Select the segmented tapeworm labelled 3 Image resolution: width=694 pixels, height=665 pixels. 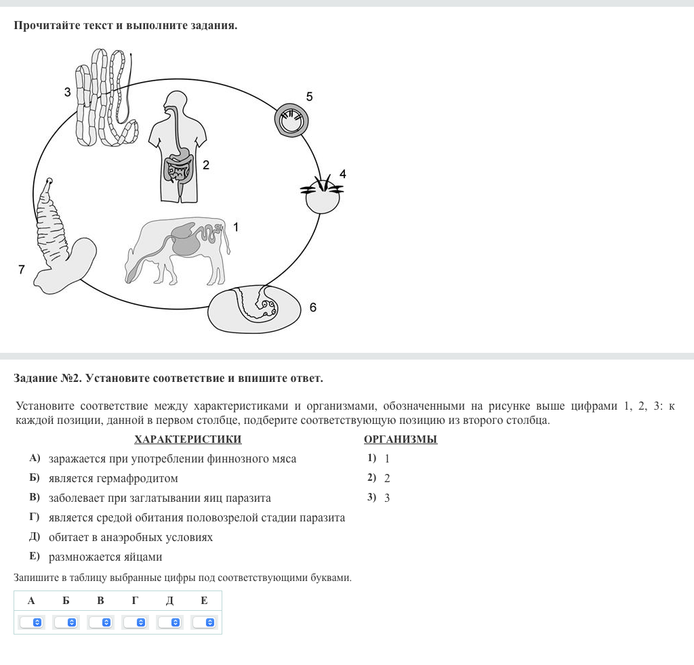[x=105, y=98]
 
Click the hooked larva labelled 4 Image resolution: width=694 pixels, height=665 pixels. [x=322, y=196]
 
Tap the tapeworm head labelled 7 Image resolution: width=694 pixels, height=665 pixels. [x=58, y=237]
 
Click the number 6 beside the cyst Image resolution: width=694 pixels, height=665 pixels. [x=312, y=307]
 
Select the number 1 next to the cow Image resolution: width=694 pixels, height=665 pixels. [x=236, y=228]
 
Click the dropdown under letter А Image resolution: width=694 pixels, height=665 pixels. [x=31, y=622]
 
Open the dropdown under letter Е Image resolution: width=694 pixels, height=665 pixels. [x=204, y=622]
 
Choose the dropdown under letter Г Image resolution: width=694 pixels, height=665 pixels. [x=135, y=622]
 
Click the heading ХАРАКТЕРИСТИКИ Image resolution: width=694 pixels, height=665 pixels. [x=188, y=439]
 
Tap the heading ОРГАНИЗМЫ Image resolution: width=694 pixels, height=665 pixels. [x=401, y=439]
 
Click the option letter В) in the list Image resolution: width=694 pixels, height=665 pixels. [x=35, y=498]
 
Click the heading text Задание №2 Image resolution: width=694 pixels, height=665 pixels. [x=47, y=378]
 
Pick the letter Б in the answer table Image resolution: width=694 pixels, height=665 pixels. [x=66, y=601]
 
